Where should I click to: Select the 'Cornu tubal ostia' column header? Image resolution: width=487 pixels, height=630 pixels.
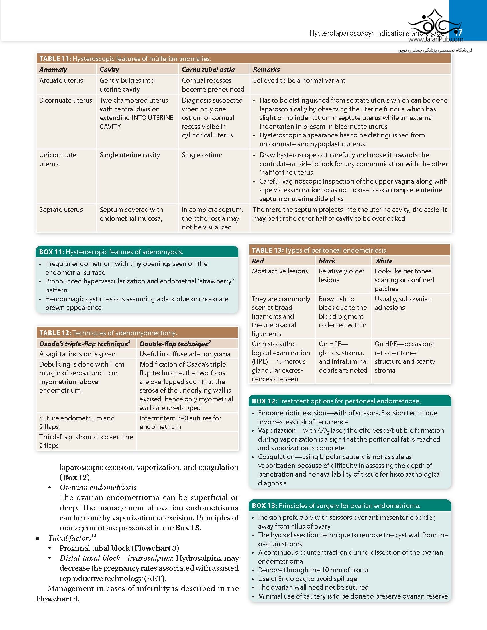tap(208, 70)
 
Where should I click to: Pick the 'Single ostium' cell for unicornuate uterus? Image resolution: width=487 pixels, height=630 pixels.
tap(202, 155)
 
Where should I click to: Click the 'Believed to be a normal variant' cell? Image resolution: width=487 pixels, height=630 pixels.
tap(299, 80)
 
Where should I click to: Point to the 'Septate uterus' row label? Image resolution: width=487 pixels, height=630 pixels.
tap(61, 210)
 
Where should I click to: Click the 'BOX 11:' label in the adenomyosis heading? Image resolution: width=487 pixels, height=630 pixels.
tap(51, 252)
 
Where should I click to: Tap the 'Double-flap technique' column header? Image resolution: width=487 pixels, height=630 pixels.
tap(174, 344)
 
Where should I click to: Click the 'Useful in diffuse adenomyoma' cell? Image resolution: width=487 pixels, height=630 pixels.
tap(185, 354)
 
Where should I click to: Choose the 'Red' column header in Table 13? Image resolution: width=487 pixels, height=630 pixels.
tap(258, 261)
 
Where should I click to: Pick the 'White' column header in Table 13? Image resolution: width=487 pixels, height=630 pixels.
tap(384, 261)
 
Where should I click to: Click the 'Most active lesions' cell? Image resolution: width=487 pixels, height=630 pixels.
tap(280, 271)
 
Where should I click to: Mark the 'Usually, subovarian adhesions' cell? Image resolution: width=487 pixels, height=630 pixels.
tap(403, 303)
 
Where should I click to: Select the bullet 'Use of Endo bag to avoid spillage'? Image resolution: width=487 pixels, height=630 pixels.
tap(307, 579)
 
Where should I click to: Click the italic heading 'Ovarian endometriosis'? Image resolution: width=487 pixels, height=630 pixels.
tap(98, 487)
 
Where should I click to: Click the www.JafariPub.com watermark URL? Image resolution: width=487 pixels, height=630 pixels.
tap(435, 40)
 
